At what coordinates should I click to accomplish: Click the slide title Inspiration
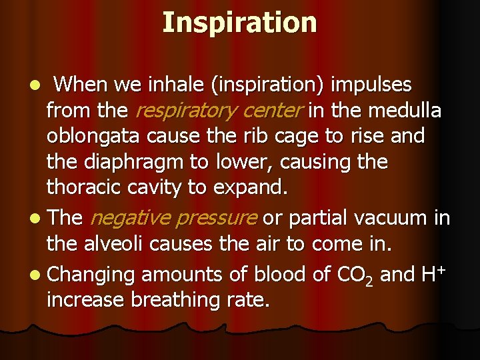(x=239, y=22)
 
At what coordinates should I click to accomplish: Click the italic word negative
(x=127, y=218)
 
